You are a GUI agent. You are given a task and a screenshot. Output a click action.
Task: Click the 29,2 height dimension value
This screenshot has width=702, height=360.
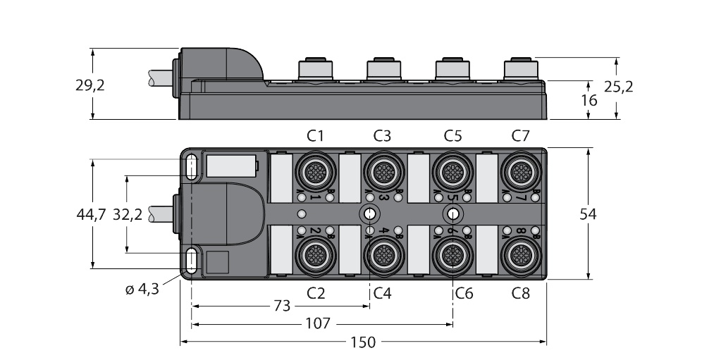click(90, 86)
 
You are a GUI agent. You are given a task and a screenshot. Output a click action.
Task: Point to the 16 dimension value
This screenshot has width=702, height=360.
click(589, 100)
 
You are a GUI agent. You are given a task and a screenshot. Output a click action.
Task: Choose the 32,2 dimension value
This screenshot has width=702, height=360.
click(128, 215)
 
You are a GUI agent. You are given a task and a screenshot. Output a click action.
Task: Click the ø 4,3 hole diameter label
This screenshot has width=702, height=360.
click(142, 288)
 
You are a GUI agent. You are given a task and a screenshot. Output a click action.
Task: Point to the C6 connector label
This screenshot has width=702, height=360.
click(463, 293)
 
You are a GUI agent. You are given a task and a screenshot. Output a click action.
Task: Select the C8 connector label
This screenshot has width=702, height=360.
click(520, 293)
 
